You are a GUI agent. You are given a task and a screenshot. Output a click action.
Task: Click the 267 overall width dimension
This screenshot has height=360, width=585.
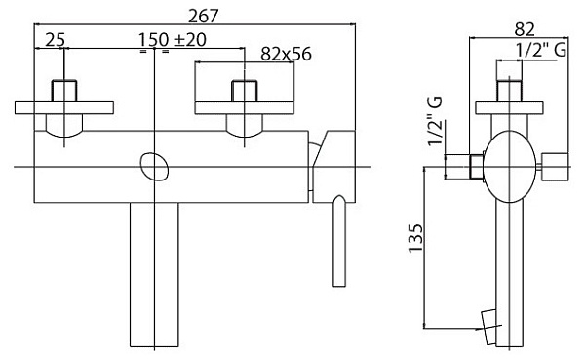tap(204, 16)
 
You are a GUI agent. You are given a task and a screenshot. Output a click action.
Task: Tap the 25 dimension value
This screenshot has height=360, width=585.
tap(56, 40)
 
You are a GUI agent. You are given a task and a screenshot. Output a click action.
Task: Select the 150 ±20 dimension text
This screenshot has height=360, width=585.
tap(173, 40)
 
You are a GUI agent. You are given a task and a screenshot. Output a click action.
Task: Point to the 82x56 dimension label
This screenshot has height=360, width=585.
tap(286, 54)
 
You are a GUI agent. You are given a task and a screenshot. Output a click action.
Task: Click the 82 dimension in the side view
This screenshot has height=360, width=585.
tap(525, 28)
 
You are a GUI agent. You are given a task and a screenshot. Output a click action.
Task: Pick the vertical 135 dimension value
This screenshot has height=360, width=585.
tap(416, 238)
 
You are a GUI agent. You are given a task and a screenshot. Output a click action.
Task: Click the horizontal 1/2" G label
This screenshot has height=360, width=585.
tap(541, 50)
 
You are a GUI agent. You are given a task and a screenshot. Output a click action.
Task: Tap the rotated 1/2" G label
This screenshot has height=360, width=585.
tap(436, 121)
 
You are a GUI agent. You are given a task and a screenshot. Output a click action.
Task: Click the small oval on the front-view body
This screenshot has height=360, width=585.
tap(154, 167)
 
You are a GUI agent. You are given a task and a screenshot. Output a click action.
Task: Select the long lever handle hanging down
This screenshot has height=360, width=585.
tap(339, 241)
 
